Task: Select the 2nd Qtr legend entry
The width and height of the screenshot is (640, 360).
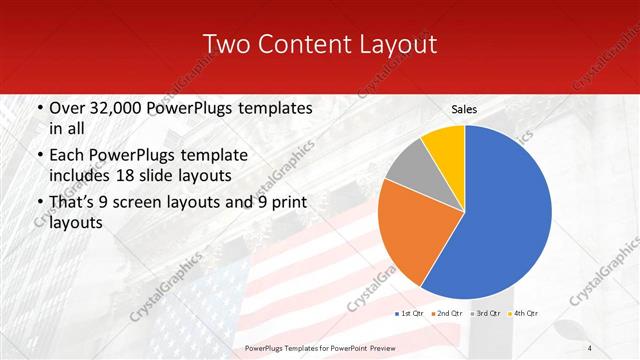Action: [x=447, y=313]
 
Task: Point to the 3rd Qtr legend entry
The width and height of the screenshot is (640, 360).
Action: [x=483, y=313]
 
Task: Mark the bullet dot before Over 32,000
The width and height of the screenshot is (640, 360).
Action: [x=38, y=108]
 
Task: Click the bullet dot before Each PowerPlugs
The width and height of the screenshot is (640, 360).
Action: [x=38, y=156]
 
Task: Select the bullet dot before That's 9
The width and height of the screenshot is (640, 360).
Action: [x=38, y=203]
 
